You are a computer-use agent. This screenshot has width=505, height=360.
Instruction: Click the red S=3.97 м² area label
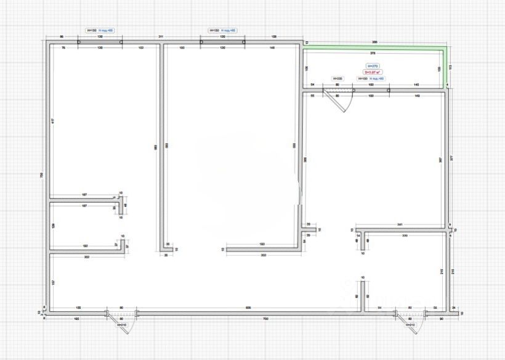point(373,72)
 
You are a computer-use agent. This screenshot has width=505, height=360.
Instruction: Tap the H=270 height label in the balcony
point(373,66)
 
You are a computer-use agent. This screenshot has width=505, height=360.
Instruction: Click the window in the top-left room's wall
point(100,42)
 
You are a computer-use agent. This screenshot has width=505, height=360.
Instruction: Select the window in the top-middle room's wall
point(223,42)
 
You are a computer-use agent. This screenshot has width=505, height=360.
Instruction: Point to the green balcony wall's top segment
point(376,47)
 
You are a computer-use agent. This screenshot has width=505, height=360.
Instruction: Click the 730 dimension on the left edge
point(42,176)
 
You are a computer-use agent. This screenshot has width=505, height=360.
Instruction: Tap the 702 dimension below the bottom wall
point(265,319)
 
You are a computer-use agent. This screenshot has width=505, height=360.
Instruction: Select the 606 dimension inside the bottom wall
point(248,307)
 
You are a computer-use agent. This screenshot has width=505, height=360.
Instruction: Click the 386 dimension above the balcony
point(375,42)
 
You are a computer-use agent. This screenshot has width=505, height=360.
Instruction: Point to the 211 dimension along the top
point(160,38)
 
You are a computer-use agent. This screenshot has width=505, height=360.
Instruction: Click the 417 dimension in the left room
point(53,121)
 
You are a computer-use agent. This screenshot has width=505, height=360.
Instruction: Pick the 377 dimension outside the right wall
point(453,157)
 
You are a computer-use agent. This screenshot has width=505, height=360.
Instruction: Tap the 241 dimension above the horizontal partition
point(400,224)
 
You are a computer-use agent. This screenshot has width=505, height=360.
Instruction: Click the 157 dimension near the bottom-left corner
point(54,282)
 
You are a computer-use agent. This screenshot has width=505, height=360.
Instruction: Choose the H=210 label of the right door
point(411,325)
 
